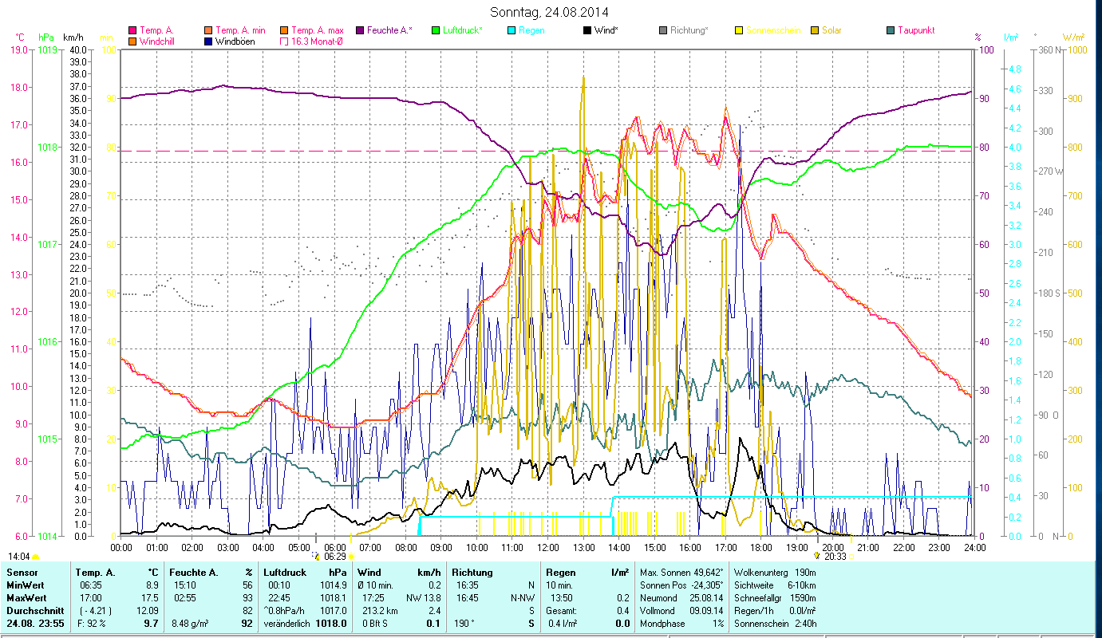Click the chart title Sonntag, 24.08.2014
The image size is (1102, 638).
[x=550, y=12]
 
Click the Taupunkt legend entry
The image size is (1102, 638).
[x=915, y=30]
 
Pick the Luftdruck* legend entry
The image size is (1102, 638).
[x=462, y=30]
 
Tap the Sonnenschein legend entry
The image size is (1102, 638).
[x=773, y=30]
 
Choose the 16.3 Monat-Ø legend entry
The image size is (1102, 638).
[x=317, y=41]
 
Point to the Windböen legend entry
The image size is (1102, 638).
[x=235, y=41]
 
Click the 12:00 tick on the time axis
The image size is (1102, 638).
[x=548, y=548]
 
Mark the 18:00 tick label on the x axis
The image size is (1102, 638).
[x=761, y=548]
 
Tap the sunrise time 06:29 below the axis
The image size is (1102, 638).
[x=335, y=557]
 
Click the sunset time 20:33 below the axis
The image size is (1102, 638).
[x=835, y=557]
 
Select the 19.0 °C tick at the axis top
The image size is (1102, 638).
[x=18, y=50]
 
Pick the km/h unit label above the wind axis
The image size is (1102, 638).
[x=73, y=37]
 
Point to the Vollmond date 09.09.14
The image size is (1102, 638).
[x=707, y=610]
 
